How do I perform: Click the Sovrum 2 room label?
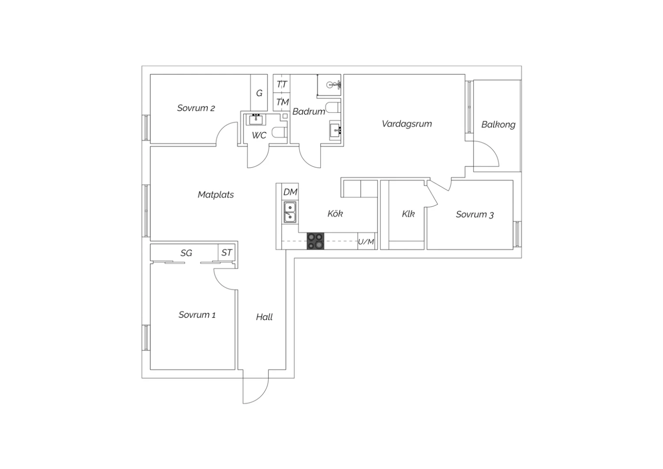point(196,108)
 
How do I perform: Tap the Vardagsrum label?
point(407,124)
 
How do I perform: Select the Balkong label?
point(499,125)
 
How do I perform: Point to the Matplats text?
point(216,195)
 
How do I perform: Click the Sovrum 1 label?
point(197,315)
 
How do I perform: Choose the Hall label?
point(264,317)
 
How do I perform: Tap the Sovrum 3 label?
point(475,215)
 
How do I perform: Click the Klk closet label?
point(408,214)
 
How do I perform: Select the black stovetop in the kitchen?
point(316,241)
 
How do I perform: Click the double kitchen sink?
point(290,212)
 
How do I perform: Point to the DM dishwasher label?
point(290,192)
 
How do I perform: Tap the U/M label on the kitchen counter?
point(366,242)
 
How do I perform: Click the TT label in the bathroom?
point(282,85)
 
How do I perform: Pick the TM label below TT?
point(282,102)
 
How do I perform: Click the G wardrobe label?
point(259,93)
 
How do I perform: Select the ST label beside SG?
point(227,253)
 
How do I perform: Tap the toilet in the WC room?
point(279,132)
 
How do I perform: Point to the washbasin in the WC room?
point(255,120)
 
